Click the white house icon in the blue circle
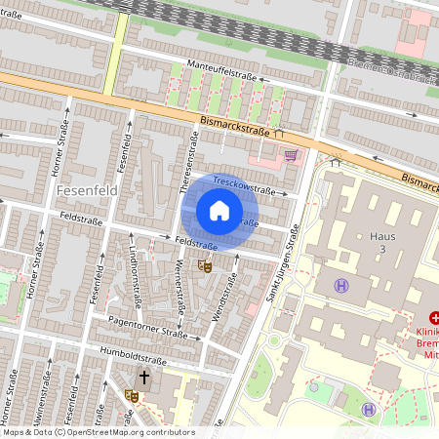click(219, 211)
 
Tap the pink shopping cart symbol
click(291, 154)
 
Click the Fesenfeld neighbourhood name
click(87, 190)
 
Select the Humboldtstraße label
click(128, 354)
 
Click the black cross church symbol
click(144, 378)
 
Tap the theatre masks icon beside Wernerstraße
click(205, 265)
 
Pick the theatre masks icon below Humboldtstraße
click(131, 395)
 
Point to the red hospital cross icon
click(433, 317)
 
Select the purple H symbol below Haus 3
click(341, 286)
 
